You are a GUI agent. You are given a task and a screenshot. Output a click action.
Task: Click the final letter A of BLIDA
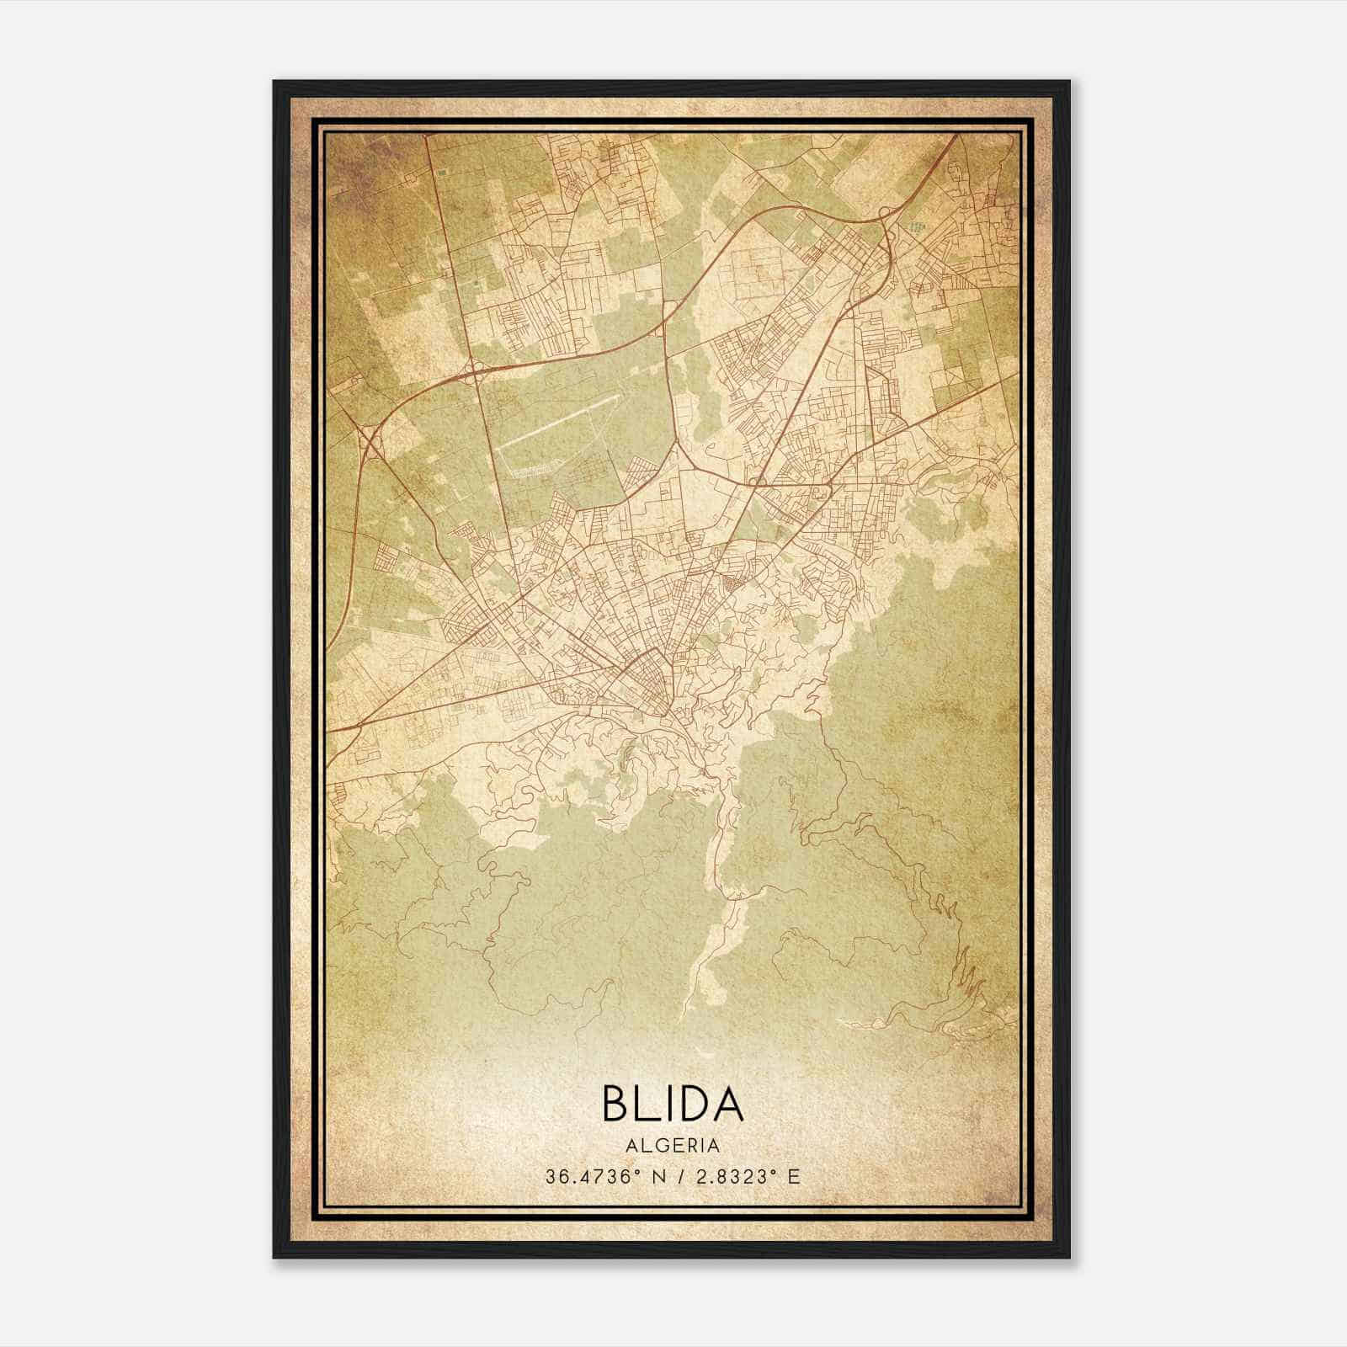click(x=727, y=1104)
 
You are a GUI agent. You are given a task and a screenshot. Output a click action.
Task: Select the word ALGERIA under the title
click(x=673, y=1146)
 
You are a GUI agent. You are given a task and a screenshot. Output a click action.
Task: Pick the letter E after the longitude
click(x=793, y=1176)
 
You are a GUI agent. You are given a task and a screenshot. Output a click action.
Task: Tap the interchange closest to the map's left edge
click(x=368, y=438)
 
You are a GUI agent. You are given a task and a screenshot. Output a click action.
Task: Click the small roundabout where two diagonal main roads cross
click(x=754, y=484)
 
